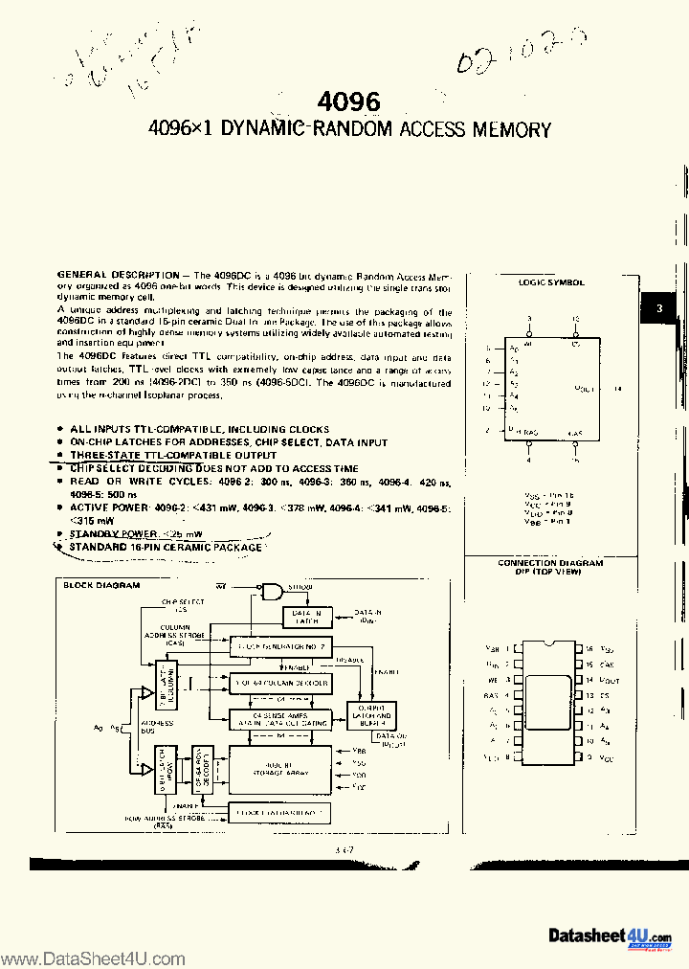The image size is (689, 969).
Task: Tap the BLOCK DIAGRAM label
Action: (x=101, y=584)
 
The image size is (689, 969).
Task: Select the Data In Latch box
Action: (x=307, y=618)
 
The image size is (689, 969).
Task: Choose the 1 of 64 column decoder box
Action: (x=279, y=684)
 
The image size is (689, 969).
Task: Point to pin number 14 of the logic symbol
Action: (x=618, y=389)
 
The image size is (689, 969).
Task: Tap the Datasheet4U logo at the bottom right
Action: (x=611, y=936)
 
